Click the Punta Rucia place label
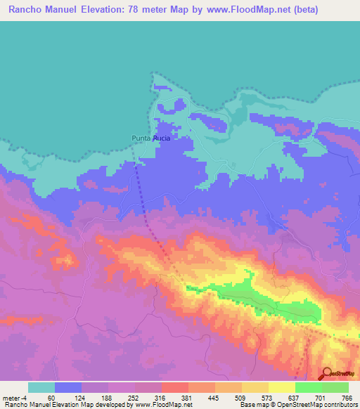tap(151, 138)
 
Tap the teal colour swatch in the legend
tap(41, 387)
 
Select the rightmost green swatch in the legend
tap(335, 387)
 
